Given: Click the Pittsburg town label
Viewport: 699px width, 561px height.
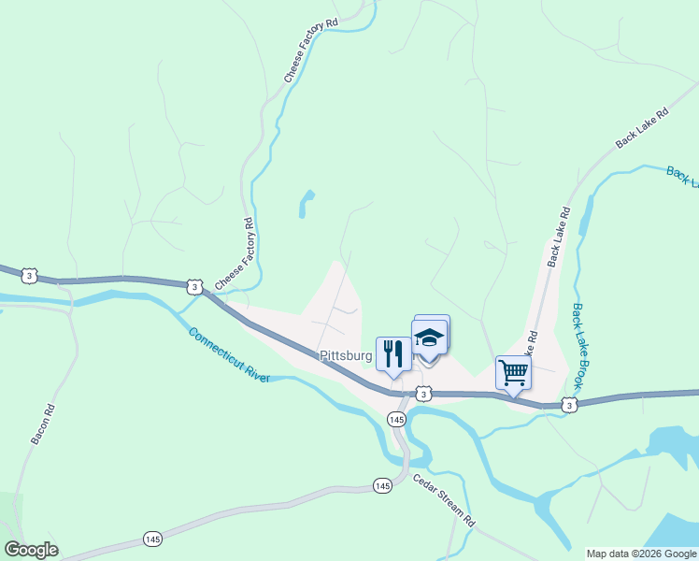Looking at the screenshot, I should coord(346,355).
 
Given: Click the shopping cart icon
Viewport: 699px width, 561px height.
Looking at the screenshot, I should coord(513,372).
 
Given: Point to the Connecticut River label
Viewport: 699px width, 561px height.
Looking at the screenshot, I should coord(229,354).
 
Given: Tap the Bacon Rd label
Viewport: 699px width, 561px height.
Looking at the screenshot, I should coord(43,424).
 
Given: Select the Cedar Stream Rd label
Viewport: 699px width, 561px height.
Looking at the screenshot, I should coord(445,501).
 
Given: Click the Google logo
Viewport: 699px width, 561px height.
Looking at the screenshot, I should coord(31,550).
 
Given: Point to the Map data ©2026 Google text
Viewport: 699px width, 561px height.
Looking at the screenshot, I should coord(641,554).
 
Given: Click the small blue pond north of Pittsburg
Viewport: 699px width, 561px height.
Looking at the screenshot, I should coord(306,203).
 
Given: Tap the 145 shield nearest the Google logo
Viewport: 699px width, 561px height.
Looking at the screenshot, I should coord(152,539).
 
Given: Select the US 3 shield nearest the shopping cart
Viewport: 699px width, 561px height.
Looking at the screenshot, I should coord(568,404).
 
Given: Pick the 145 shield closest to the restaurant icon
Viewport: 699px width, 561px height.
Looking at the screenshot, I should coord(397,420).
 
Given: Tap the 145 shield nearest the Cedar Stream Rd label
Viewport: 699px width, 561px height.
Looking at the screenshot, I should coord(381,485).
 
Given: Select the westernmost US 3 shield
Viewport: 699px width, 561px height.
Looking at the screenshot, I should coord(30,276).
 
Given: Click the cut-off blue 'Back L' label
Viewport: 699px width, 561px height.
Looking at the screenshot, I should coord(682,176).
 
